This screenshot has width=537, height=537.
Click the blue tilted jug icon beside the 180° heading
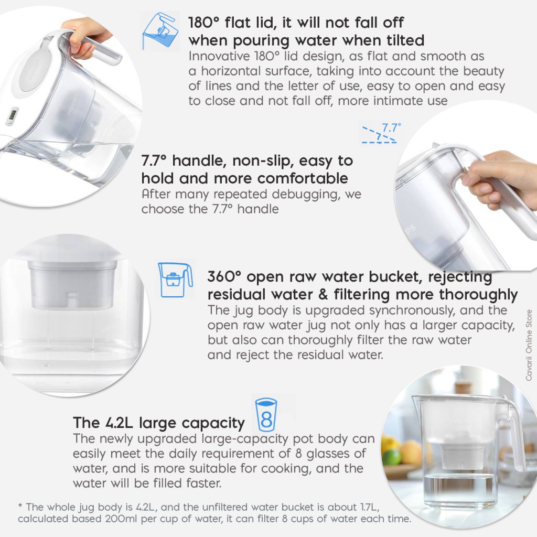click(160, 31)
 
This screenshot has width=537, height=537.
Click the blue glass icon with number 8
click(266, 415)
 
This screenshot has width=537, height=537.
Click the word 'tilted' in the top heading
click(405, 40)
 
